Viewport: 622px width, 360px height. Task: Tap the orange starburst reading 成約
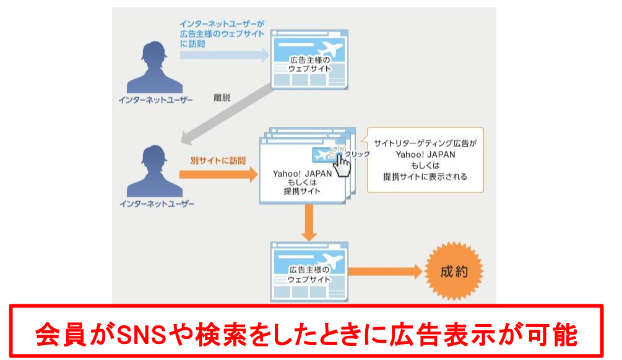[453, 270]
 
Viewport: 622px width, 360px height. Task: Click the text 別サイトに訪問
[218, 160]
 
